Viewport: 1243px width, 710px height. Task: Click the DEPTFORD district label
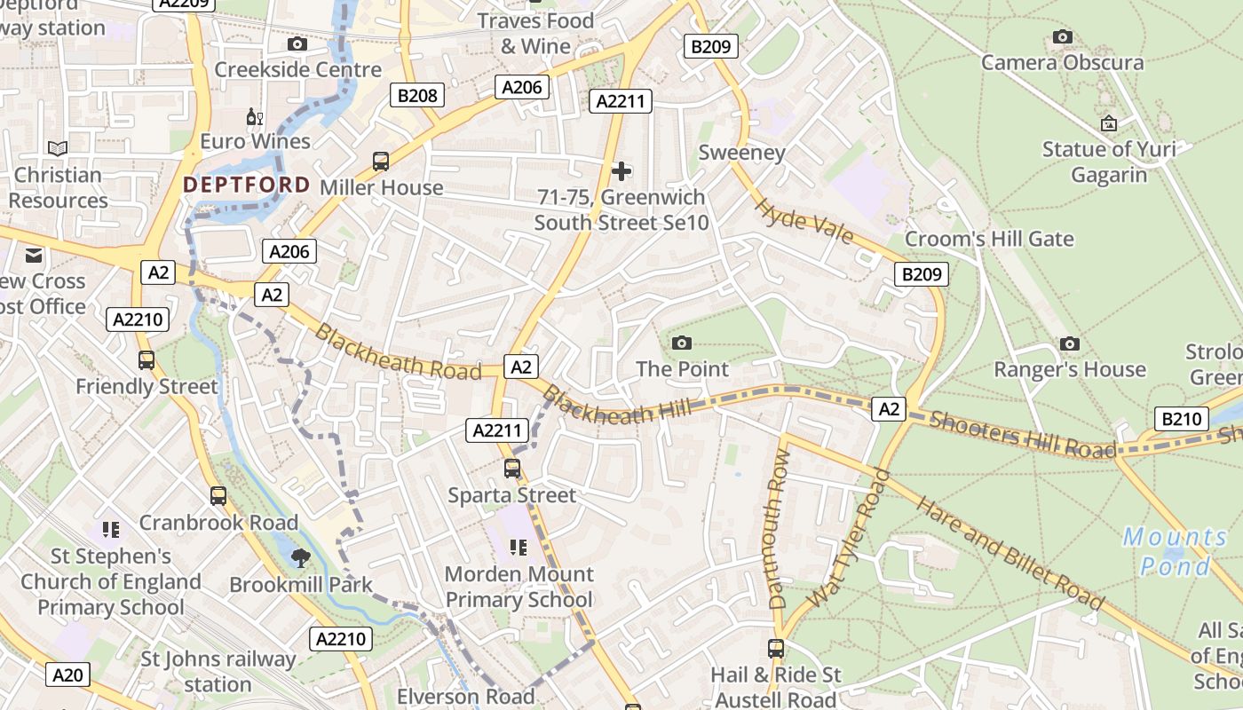(247, 185)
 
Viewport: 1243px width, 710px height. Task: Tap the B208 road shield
(417, 95)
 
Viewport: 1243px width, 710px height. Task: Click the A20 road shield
(67, 675)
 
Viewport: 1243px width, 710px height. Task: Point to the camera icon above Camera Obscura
(1062, 36)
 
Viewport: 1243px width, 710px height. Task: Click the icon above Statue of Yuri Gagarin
(1108, 123)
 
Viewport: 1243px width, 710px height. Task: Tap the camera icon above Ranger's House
(1070, 343)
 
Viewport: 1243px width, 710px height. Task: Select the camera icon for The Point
(682, 343)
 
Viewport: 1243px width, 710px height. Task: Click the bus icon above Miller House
(381, 162)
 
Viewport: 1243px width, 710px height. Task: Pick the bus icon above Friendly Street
(146, 360)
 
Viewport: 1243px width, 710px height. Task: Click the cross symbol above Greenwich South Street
(621, 170)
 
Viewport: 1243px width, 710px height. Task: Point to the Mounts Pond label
(1175, 551)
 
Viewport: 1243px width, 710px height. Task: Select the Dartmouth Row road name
(778, 528)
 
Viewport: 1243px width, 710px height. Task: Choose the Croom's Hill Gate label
(989, 239)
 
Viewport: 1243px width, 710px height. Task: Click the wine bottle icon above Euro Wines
(255, 116)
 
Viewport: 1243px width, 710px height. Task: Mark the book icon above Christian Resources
(58, 149)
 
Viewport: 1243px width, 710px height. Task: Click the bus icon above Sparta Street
(512, 469)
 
